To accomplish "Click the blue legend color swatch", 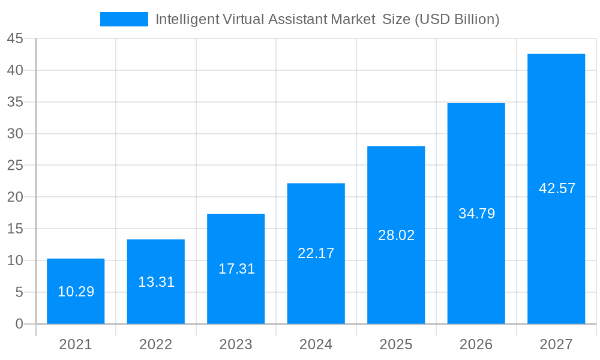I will (x=124, y=19).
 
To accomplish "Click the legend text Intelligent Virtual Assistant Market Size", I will (x=327, y=19).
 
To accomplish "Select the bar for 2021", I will (x=76, y=291).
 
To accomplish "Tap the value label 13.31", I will (x=156, y=282).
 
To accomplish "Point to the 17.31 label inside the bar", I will (x=236, y=269).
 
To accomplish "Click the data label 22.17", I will (x=316, y=253).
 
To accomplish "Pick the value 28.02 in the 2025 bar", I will (x=396, y=235).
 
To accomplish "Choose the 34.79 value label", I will (x=476, y=214).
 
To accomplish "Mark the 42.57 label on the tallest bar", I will (x=557, y=188).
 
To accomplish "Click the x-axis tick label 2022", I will (x=156, y=344).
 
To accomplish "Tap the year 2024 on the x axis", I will (x=316, y=344).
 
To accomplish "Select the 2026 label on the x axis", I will (x=476, y=344).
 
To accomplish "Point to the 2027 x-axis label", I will (x=557, y=344).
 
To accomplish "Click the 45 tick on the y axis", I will (x=15, y=39).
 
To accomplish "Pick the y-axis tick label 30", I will (x=15, y=134).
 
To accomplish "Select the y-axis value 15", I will (x=15, y=229).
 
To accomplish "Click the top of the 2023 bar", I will (x=236, y=215).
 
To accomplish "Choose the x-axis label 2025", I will (x=396, y=344).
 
